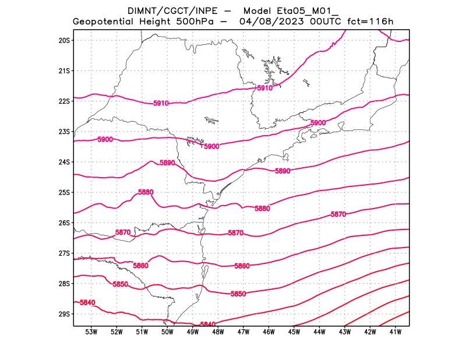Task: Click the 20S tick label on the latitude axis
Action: point(64,40)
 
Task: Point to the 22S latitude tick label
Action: point(64,101)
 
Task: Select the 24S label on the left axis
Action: point(64,162)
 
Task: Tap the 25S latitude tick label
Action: point(64,192)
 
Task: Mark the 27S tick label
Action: point(64,253)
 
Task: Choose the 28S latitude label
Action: point(64,284)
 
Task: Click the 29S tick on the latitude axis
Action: point(64,314)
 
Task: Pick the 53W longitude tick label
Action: point(91,332)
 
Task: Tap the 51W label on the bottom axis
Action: point(142,332)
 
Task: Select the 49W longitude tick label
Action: point(192,332)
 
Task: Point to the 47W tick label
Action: point(243,332)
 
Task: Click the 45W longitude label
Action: point(294,332)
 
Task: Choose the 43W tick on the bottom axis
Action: point(344,332)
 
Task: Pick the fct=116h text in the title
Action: point(370,22)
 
